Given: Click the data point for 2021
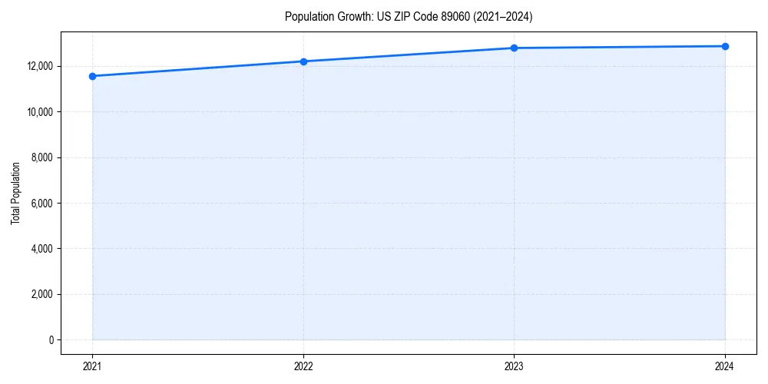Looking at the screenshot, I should point(92,76).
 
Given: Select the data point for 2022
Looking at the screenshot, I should point(303,61).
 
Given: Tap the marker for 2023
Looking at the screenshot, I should point(514,48).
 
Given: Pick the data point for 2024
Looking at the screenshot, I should point(725,46).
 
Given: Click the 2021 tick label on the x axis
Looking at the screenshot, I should point(92,366).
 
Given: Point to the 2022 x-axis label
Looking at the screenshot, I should point(303,366).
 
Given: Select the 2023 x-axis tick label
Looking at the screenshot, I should point(514,366).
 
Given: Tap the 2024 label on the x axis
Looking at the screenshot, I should point(725,366).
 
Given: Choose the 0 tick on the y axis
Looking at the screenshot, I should point(51,340).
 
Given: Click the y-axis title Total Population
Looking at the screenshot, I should point(15,193).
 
